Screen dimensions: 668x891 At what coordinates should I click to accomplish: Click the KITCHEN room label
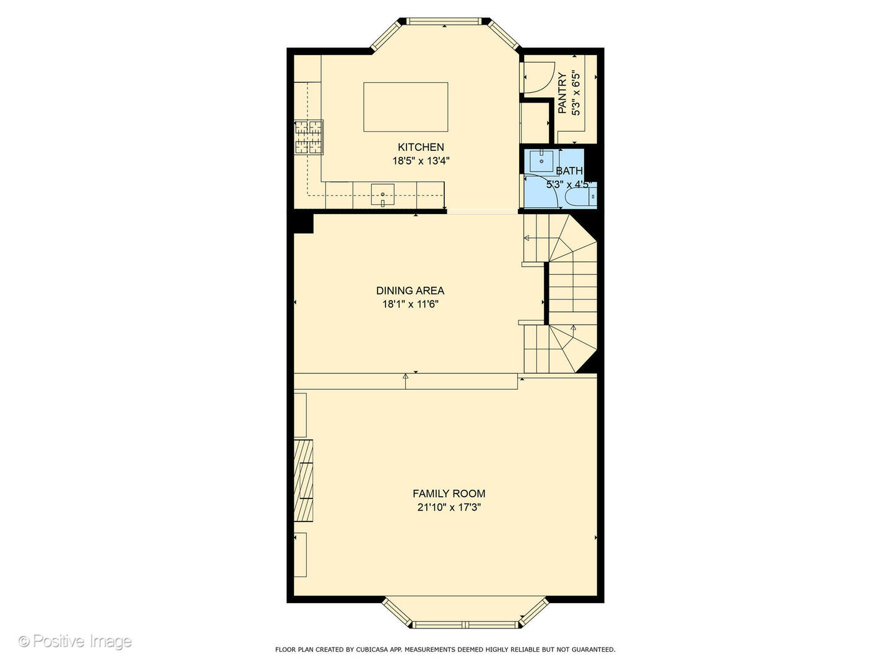click(420, 147)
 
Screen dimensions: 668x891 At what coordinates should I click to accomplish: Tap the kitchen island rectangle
click(405, 107)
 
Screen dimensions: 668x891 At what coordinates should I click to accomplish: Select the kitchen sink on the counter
click(382, 194)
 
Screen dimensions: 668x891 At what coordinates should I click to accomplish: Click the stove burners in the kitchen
click(308, 137)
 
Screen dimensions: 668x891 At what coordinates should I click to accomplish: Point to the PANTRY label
click(562, 93)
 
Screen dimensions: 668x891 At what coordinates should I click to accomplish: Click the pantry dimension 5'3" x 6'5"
click(576, 93)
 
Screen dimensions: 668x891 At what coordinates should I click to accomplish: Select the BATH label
click(569, 171)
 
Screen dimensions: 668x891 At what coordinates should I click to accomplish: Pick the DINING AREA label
click(410, 291)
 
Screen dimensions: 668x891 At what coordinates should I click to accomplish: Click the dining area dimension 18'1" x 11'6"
click(410, 304)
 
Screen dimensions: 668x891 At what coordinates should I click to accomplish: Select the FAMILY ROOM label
click(449, 494)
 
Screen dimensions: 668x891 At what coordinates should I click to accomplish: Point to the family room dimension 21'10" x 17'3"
click(449, 508)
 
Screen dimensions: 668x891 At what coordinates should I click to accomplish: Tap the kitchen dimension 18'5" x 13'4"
click(420, 161)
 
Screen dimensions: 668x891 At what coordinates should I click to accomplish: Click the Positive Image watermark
click(75, 641)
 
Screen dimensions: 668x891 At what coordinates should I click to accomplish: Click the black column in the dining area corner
click(303, 223)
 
